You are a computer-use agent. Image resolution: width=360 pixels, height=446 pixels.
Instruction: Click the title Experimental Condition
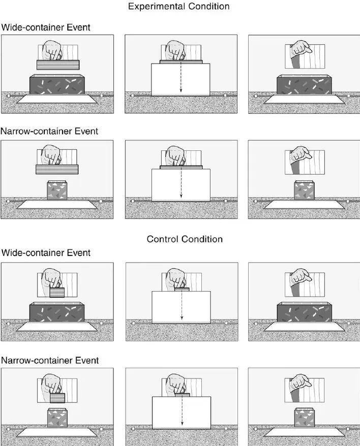(x=179, y=7)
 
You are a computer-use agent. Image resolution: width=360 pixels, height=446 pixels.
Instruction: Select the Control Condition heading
(x=185, y=239)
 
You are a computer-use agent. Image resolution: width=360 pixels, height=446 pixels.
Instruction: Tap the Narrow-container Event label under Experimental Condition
(x=49, y=131)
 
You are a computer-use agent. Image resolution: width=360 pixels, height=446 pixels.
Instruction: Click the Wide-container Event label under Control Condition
(x=46, y=252)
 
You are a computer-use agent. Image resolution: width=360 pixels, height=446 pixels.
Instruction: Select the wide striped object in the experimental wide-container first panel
(x=58, y=65)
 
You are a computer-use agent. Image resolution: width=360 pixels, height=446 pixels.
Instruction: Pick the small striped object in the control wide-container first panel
(x=57, y=293)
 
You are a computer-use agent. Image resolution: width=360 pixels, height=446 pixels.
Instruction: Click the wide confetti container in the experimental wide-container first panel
(x=57, y=84)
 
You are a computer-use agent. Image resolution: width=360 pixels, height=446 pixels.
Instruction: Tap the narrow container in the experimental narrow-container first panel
(x=57, y=190)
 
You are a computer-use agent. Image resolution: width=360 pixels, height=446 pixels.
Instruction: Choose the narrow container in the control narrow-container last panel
(x=304, y=418)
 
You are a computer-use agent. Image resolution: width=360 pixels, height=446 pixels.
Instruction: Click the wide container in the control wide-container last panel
(x=305, y=312)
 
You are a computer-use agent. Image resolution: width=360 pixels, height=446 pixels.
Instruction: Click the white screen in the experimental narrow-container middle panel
(x=181, y=185)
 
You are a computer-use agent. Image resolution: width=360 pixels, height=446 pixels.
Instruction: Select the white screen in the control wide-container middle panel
(x=182, y=307)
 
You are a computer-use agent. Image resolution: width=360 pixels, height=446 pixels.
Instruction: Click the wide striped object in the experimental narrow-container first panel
(x=57, y=170)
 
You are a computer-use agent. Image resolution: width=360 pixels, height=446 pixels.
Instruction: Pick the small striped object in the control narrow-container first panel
(x=57, y=398)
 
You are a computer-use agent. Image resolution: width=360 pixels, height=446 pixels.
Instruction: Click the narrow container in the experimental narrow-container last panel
(x=304, y=189)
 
